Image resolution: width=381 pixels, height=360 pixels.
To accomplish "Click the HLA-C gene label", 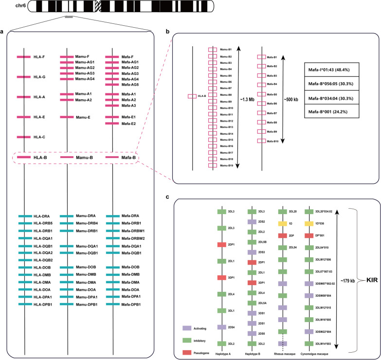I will point(40,137).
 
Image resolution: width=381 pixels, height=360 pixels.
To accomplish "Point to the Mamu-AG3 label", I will point(84,73).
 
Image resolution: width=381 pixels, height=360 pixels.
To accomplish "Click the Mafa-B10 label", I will point(272,141).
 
